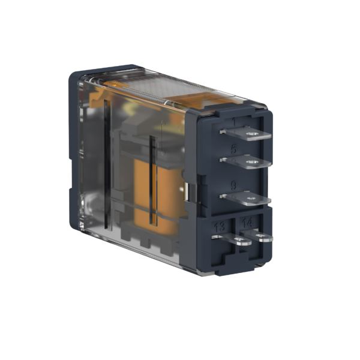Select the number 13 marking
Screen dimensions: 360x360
click(220, 226)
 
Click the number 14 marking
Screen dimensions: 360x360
click(247, 223)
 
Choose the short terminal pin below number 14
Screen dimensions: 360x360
click(256, 236)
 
